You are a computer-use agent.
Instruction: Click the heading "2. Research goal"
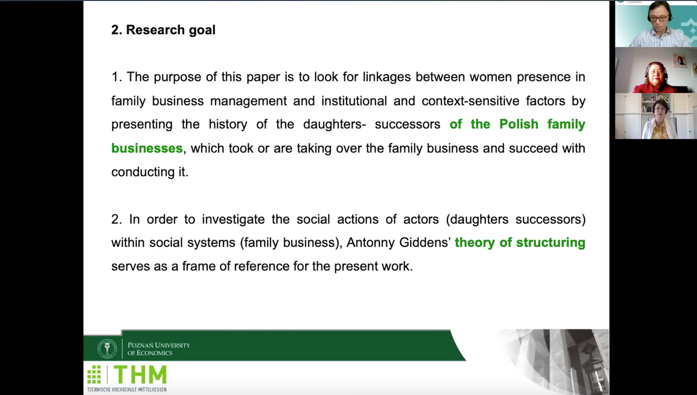pos(163,30)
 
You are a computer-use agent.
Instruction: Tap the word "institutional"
pos(354,101)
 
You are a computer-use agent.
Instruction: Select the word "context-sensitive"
pos(470,101)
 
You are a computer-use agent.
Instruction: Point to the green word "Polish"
pos(519,124)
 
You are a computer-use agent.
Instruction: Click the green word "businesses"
pos(147,148)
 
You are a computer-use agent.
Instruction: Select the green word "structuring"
pos(551,243)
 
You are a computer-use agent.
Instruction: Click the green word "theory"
pos(475,243)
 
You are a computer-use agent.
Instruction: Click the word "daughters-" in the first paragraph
pos(335,124)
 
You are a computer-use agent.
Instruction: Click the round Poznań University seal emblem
pos(107,348)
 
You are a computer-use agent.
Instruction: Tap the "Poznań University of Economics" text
pos(159,349)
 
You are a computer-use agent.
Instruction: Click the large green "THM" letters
pos(140,375)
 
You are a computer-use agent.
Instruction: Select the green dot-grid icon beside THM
pos(94,375)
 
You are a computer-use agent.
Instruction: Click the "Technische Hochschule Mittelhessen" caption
pos(127,389)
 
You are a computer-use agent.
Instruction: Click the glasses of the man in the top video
pos(659,17)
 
